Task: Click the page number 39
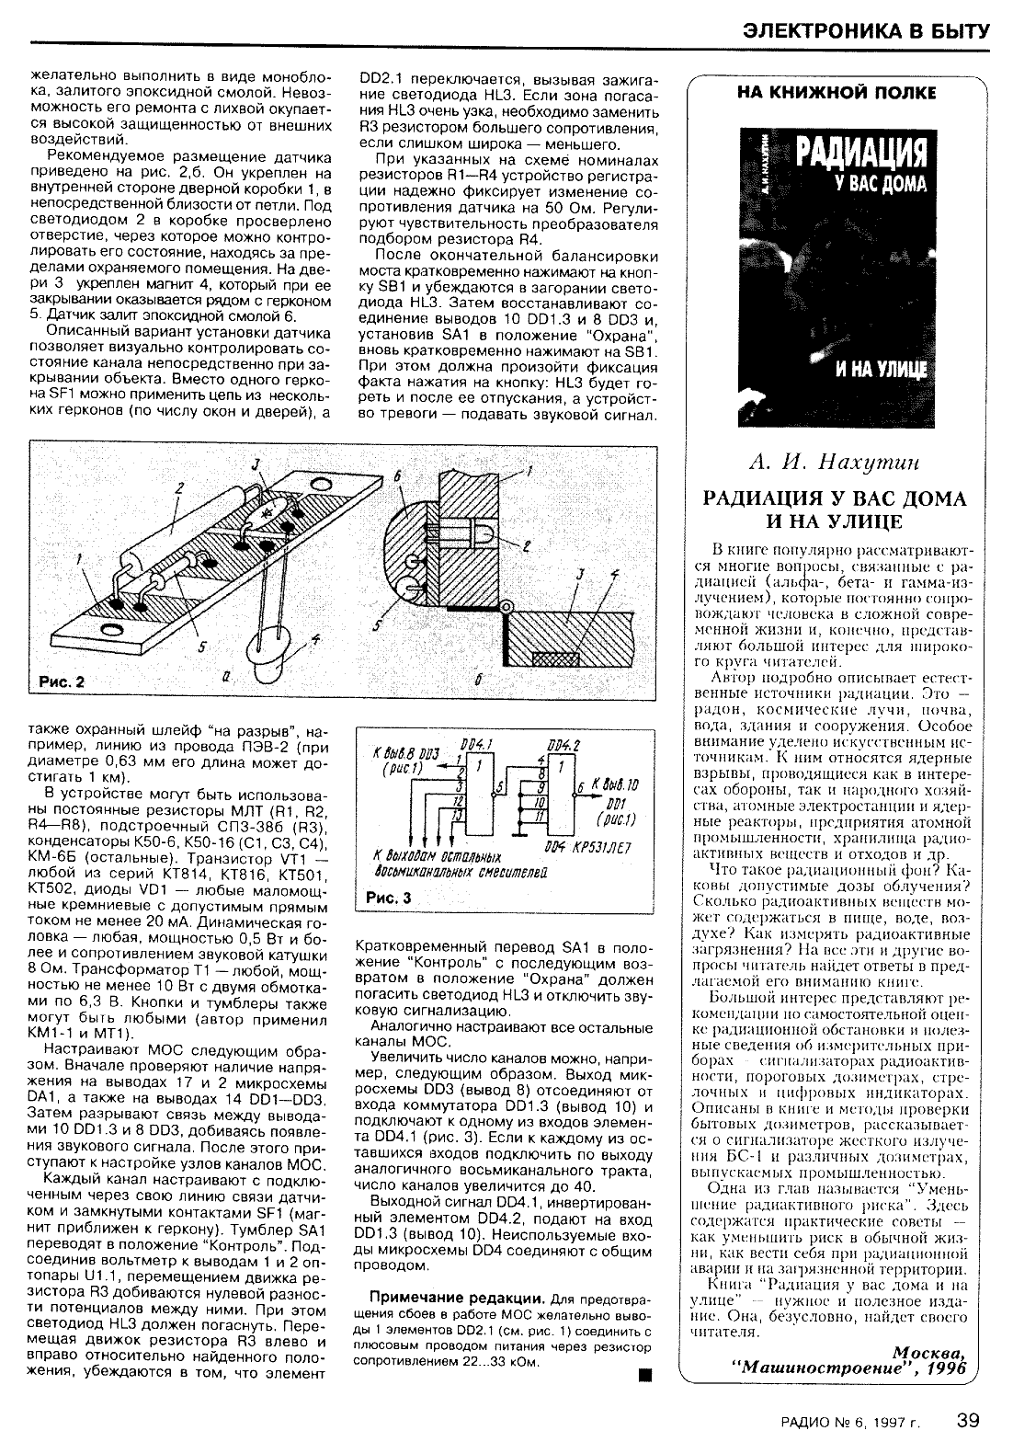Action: tap(967, 1419)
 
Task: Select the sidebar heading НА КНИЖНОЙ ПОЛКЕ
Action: tap(837, 92)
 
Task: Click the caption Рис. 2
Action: tap(62, 682)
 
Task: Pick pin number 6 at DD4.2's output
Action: tap(579, 788)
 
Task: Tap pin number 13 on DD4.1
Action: tap(457, 818)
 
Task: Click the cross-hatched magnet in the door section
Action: tap(554, 657)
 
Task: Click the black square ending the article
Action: tap(644, 1376)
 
